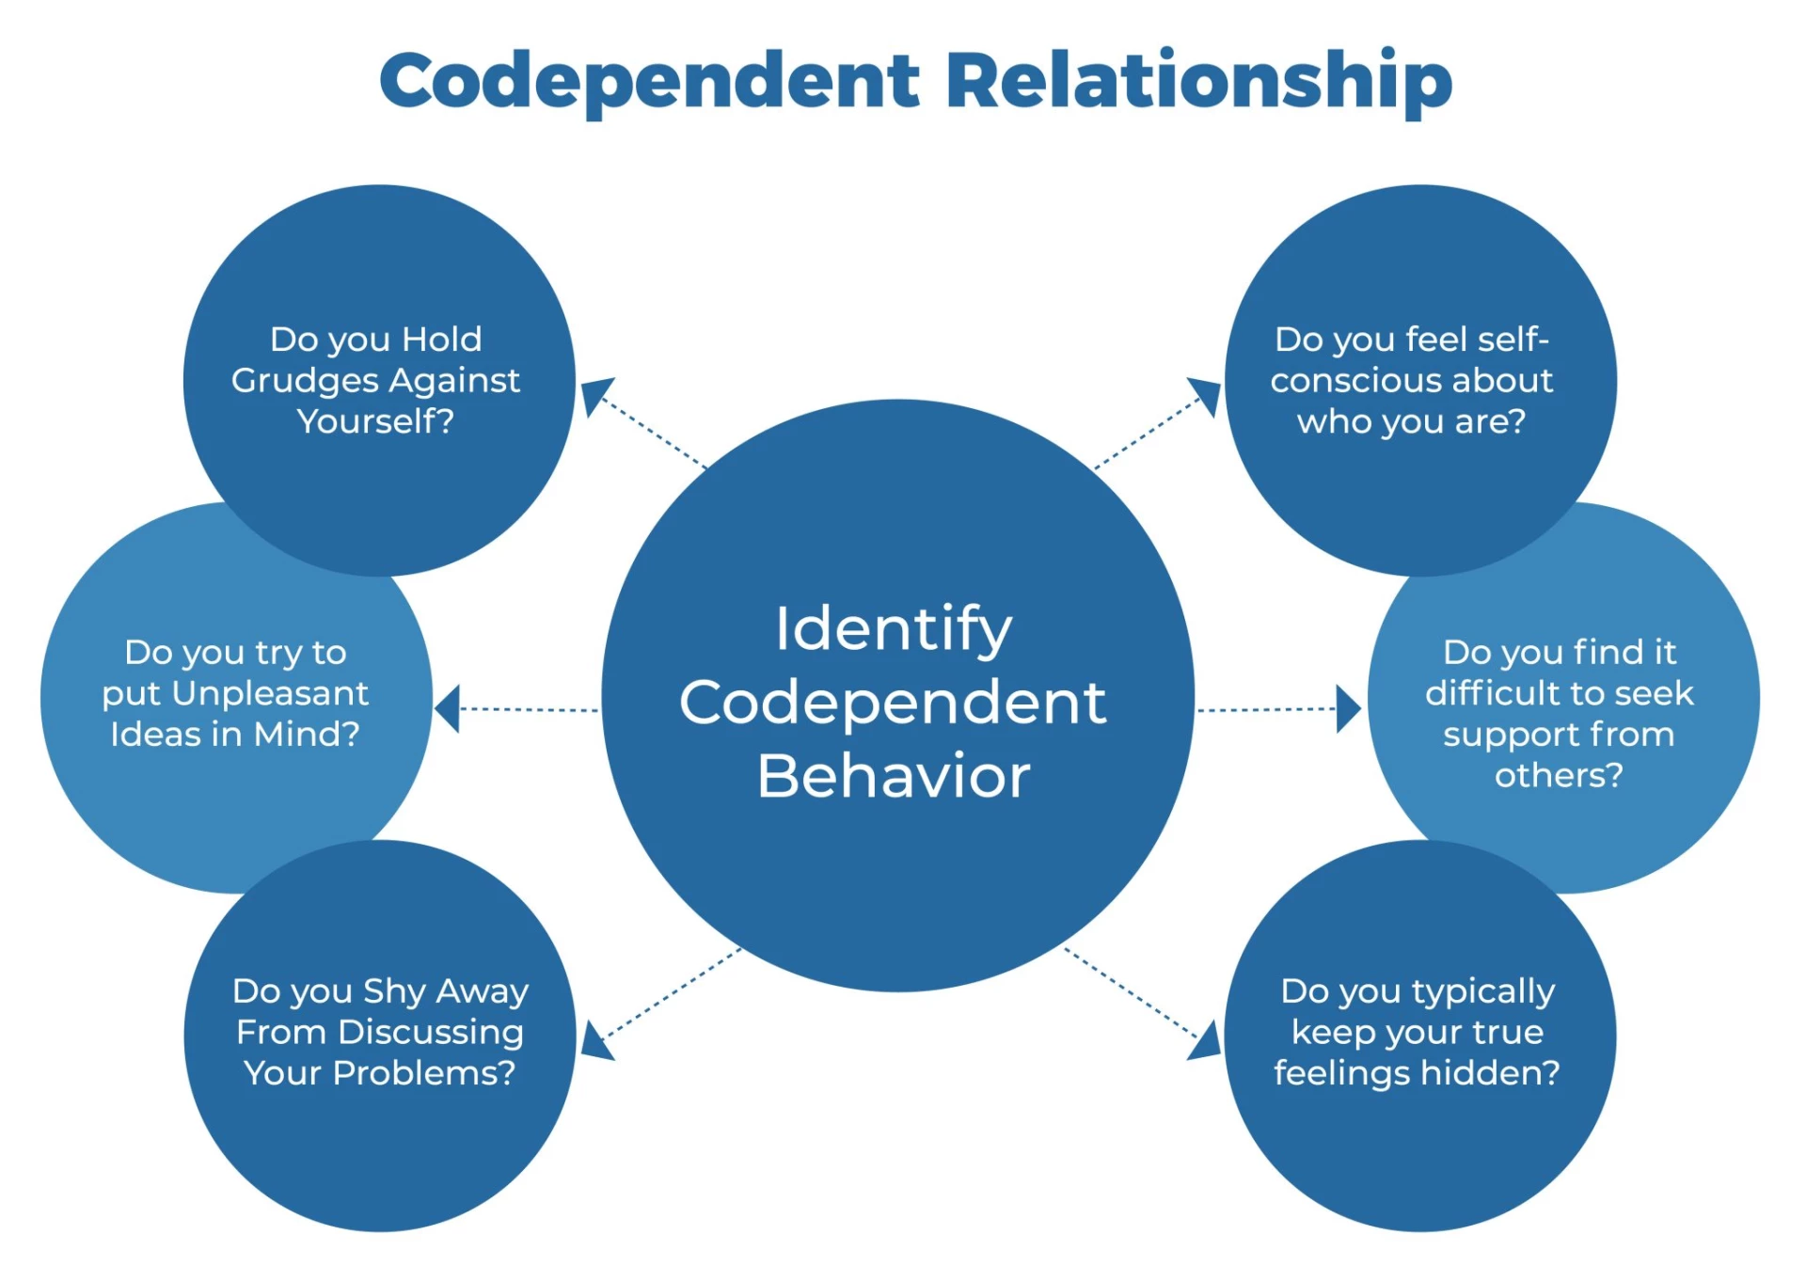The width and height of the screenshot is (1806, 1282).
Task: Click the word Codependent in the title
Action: (x=649, y=81)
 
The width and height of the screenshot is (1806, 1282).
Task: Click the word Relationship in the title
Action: (x=1198, y=81)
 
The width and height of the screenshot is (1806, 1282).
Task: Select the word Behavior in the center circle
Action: (x=894, y=777)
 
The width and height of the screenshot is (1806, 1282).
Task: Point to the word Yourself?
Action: (x=375, y=421)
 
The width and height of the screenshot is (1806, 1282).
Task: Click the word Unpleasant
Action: (x=271, y=693)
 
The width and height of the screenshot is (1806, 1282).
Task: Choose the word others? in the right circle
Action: (x=1559, y=775)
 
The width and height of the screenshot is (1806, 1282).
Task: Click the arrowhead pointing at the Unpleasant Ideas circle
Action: (x=449, y=708)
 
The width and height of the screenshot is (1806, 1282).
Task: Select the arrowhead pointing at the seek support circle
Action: (x=1348, y=709)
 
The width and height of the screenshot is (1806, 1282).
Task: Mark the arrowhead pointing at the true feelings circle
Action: (x=1207, y=1042)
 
